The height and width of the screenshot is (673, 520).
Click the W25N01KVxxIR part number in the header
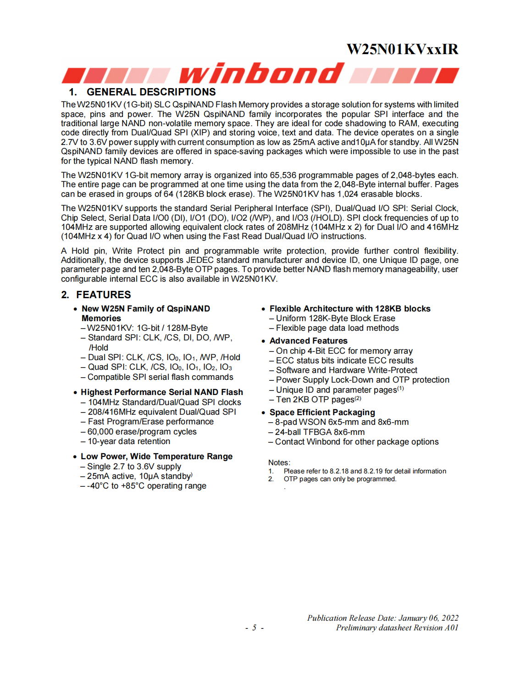click(x=402, y=49)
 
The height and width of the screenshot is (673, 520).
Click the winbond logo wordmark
click(x=261, y=74)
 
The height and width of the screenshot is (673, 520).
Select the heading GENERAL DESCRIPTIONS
click(x=151, y=92)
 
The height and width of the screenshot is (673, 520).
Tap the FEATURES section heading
click(x=103, y=295)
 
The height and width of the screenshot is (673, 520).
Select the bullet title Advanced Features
click(x=308, y=341)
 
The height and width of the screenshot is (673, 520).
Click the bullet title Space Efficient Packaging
click(x=322, y=412)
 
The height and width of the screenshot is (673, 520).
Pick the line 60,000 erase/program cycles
click(x=142, y=432)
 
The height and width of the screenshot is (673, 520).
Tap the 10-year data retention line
click(x=128, y=441)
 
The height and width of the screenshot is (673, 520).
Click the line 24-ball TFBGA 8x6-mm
click(x=320, y=432)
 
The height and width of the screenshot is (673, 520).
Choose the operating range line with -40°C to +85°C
click(x=147, y=486)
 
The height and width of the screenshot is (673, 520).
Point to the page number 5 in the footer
click(x=254, y=628)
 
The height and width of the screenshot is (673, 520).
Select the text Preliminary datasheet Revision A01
click(x=397, y=628)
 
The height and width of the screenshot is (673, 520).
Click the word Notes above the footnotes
click(x=279, y=462)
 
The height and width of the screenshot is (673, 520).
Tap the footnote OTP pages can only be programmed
click(x=340, y=479)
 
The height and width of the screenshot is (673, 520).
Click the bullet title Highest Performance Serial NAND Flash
click(x=161, y=392)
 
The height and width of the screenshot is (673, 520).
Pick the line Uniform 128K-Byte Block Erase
click(x=335, y=318)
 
